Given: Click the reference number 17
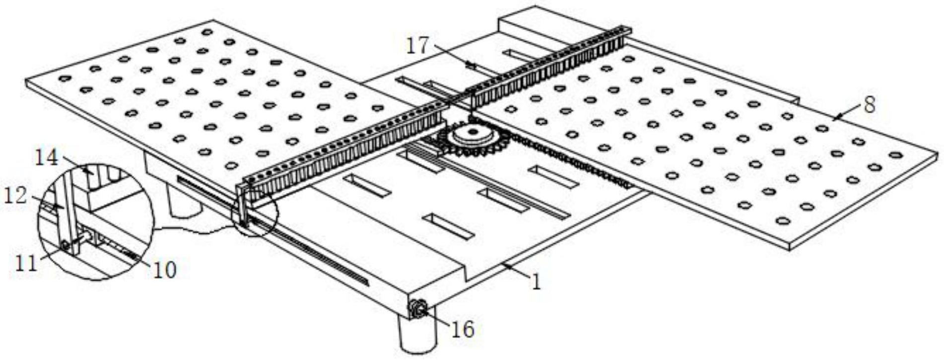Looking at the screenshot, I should [x=417, y=46].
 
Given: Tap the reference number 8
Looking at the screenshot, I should [x=869, y=106].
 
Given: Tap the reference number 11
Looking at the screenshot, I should [x=26, y=263].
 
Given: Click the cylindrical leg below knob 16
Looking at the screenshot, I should [x=417, y=335].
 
